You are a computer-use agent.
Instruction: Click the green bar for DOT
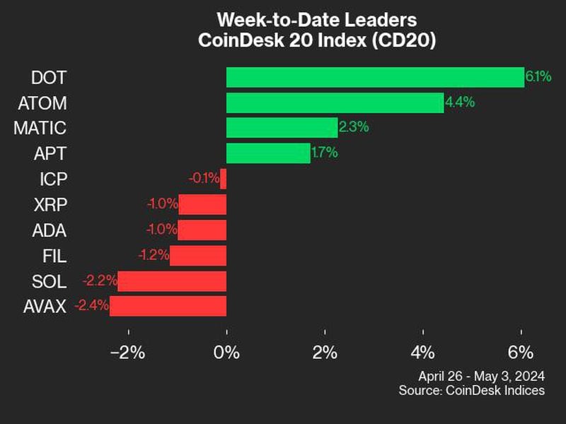tap(375, 77)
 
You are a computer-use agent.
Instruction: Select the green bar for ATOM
tap(335, 102)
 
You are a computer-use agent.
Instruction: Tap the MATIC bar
tap(282, 128)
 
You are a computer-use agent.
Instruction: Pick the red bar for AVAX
tap(168, 306)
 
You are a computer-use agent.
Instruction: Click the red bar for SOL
tap(172, 281)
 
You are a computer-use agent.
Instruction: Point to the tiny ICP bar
tap(223, 179)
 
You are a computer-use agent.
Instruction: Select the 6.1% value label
tap(538, 76)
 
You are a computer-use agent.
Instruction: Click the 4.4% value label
tap(459, 102)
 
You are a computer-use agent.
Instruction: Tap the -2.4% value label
tap(91, 306)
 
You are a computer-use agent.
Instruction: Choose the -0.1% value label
tap(204, 179)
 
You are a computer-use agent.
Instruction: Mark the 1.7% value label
tap(325, 153)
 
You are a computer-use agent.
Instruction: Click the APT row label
tap(51, 153)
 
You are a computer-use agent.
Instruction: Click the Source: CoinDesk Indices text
tap(471, 390)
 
